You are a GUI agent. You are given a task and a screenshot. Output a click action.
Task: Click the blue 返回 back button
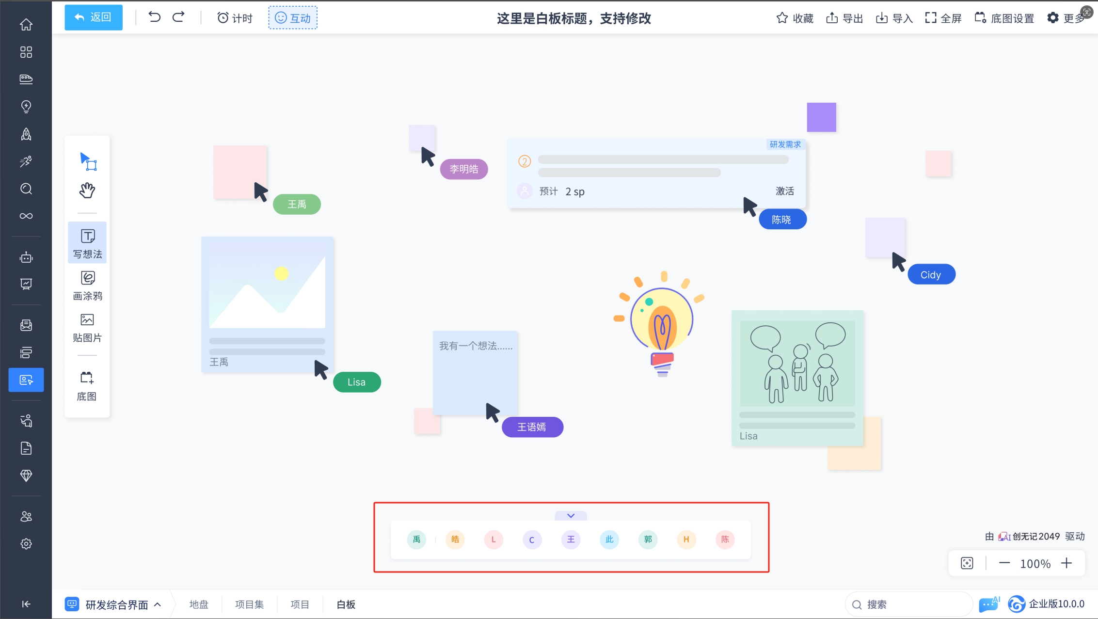[x=94, y=17]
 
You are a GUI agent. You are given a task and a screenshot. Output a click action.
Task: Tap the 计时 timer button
[x=235, y=18]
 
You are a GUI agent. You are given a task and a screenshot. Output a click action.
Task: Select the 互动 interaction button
[x=293, y=18]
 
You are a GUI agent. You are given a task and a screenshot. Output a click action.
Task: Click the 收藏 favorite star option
[x=795, y=18]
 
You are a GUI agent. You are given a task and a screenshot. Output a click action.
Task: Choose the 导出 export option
[x=844, y=18]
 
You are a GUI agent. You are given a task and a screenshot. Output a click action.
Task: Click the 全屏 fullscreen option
[x=943, y=18]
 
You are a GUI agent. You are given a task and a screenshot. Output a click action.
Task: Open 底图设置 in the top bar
[x=1004, y=18]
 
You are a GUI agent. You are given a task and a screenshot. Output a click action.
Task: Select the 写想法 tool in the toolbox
[x=87, y=243]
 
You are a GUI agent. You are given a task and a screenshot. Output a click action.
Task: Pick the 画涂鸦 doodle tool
[x=87, y=286]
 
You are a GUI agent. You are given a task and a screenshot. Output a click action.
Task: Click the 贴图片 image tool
[x=87, y=328]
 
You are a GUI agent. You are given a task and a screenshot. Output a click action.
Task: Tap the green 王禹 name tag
[x=297, y=204]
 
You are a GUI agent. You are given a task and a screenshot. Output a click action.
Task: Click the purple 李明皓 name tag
[x=464, y=169]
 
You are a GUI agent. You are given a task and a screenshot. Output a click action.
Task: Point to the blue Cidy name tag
[x=931, y=275]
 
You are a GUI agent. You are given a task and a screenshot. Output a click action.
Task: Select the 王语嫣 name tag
[x=532, y=427]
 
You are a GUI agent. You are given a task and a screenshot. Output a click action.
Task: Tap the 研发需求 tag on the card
[x=785, y=144]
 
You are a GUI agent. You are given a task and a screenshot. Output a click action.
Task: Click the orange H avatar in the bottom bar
[x=686, y=540]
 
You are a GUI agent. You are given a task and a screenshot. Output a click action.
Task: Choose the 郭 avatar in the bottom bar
[x=648, y=540]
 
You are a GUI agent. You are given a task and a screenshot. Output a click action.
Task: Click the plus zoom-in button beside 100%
[x=1066, y=563]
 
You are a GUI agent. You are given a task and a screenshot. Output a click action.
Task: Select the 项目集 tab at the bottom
[x=249, y=604]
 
